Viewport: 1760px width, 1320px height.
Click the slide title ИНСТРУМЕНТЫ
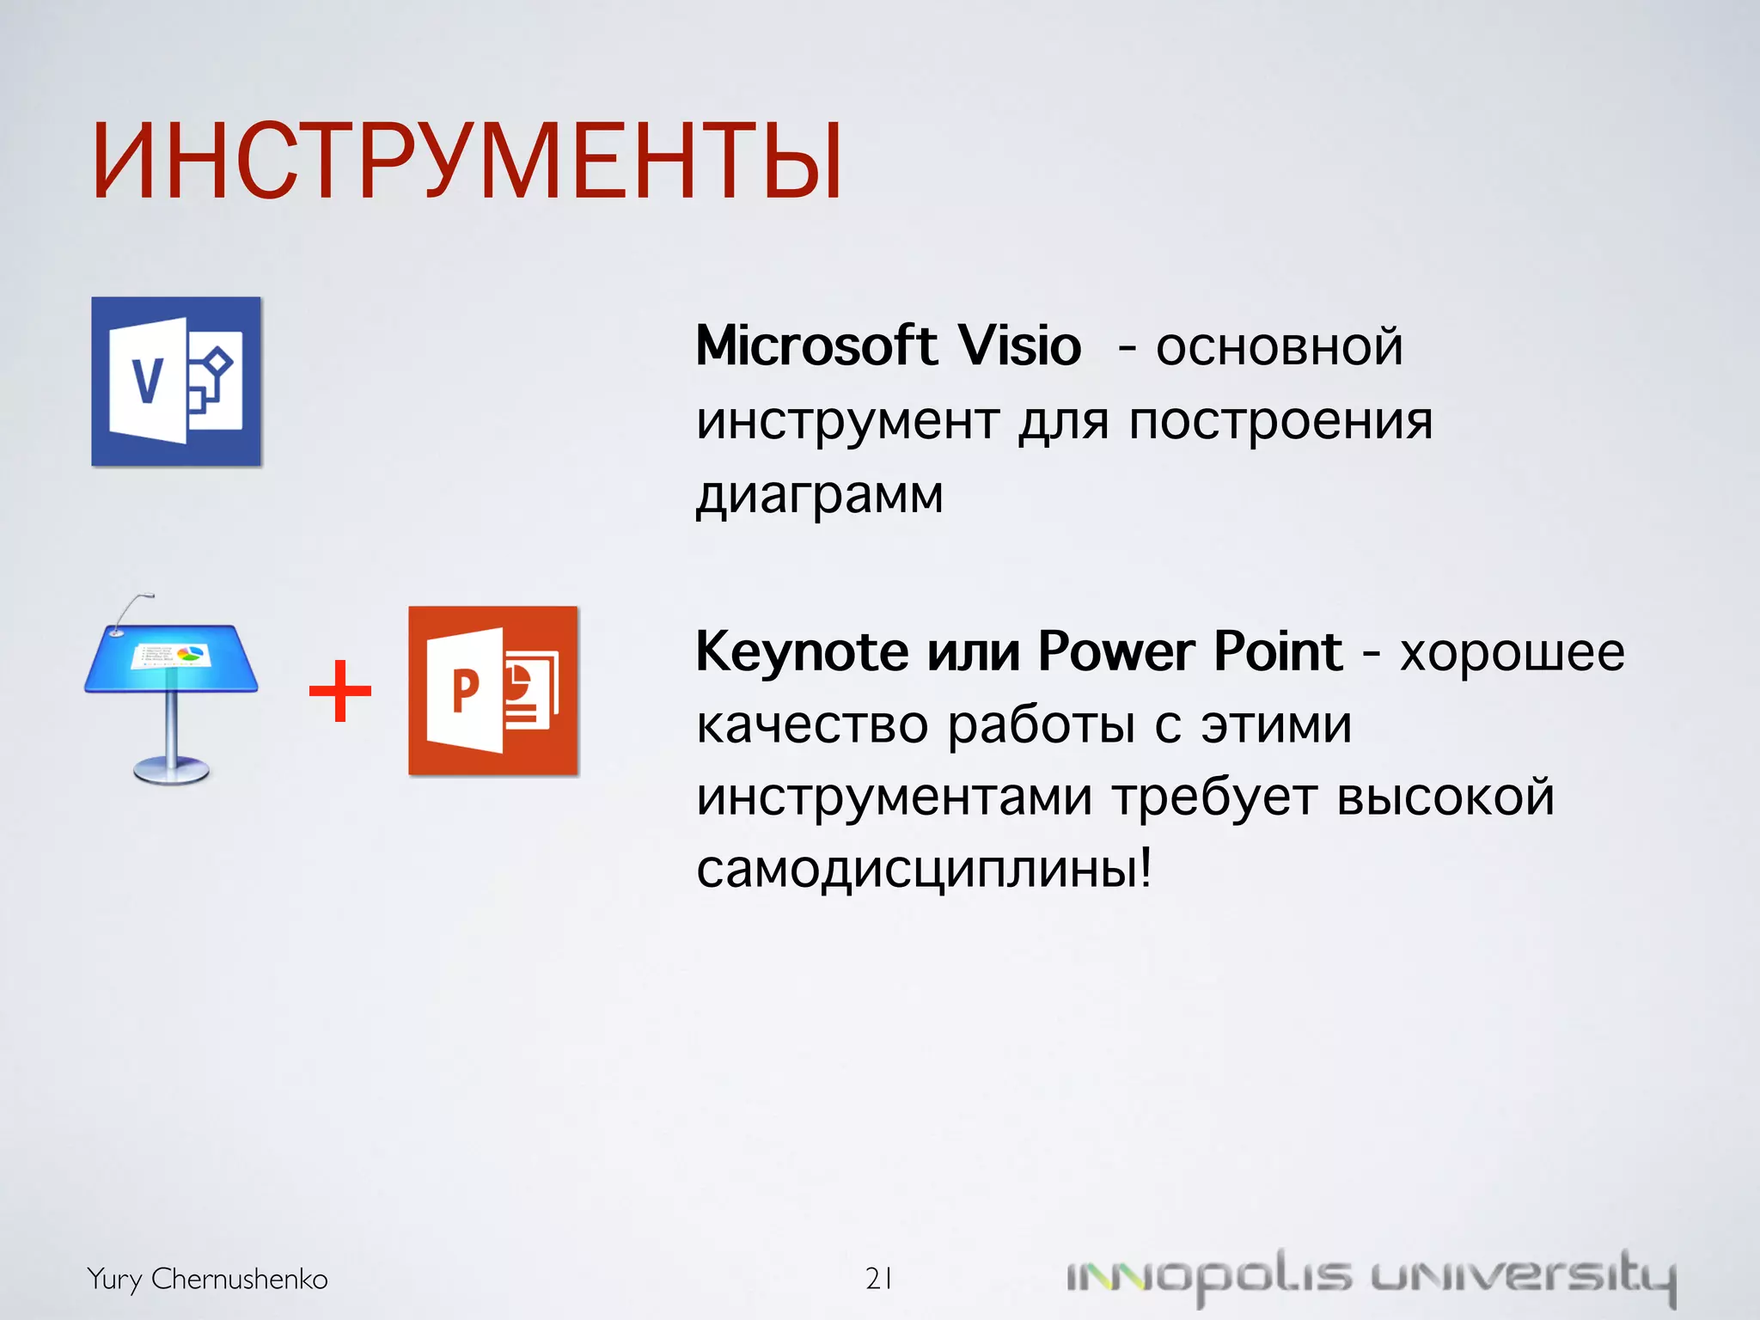pos(467,162)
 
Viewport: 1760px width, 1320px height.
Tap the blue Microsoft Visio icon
pos(176,382)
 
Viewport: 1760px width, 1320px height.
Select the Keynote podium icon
pos(171,688)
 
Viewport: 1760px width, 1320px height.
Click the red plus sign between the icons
pos(340,691)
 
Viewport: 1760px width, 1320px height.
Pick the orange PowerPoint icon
pos(492,691)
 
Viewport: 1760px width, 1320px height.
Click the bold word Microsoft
pos(816,346)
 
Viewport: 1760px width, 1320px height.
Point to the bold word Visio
pos(1019,346)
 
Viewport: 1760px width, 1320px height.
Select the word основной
pos(1279,348)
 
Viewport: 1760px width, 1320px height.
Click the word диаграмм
pos(820,496)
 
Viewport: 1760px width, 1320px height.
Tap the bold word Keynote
pos(802,652)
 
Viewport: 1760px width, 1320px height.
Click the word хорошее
pos(1512,653)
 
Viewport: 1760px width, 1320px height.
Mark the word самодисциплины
pos(923,870)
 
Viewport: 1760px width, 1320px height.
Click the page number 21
pos(878,1279)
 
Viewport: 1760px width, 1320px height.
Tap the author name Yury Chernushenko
pos(207,1279)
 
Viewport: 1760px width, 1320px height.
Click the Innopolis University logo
pos(1371,1278)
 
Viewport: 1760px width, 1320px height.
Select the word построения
pos(1280,422)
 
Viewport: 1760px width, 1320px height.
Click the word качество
pos(812,725)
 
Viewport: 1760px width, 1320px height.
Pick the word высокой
pos(1445,797)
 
